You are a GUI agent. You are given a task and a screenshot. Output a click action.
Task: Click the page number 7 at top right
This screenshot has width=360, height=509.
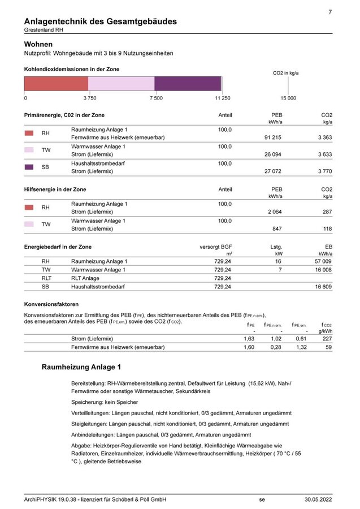click(329, 12)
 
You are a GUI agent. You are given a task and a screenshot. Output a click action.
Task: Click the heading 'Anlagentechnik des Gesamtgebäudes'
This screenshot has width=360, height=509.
click(100, 21)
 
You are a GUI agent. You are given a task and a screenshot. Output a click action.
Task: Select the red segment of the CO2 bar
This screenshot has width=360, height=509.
click(56, 84)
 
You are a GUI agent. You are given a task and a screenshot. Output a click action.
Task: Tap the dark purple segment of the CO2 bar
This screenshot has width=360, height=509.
click(188, 84)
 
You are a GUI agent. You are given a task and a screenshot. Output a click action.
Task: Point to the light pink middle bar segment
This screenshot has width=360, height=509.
click(121, 84)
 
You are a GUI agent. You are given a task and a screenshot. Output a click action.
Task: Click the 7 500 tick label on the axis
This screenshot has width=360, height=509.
click(156, 98)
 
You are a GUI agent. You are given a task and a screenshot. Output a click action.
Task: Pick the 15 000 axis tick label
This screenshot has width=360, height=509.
click(288, 98)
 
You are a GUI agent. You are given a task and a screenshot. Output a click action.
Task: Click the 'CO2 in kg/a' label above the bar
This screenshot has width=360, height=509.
click(285, 73)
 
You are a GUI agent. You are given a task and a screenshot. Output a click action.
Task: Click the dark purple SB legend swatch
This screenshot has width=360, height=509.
click(29, 167)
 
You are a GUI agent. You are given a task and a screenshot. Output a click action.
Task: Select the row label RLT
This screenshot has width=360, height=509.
click(47, 278)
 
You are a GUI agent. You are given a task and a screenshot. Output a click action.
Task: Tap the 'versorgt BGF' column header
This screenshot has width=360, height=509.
click(216, 247)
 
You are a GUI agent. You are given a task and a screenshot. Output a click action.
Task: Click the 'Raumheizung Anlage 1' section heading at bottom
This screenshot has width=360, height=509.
click(81, 368)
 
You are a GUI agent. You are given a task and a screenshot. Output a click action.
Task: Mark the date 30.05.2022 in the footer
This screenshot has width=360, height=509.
click(318, 499)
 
